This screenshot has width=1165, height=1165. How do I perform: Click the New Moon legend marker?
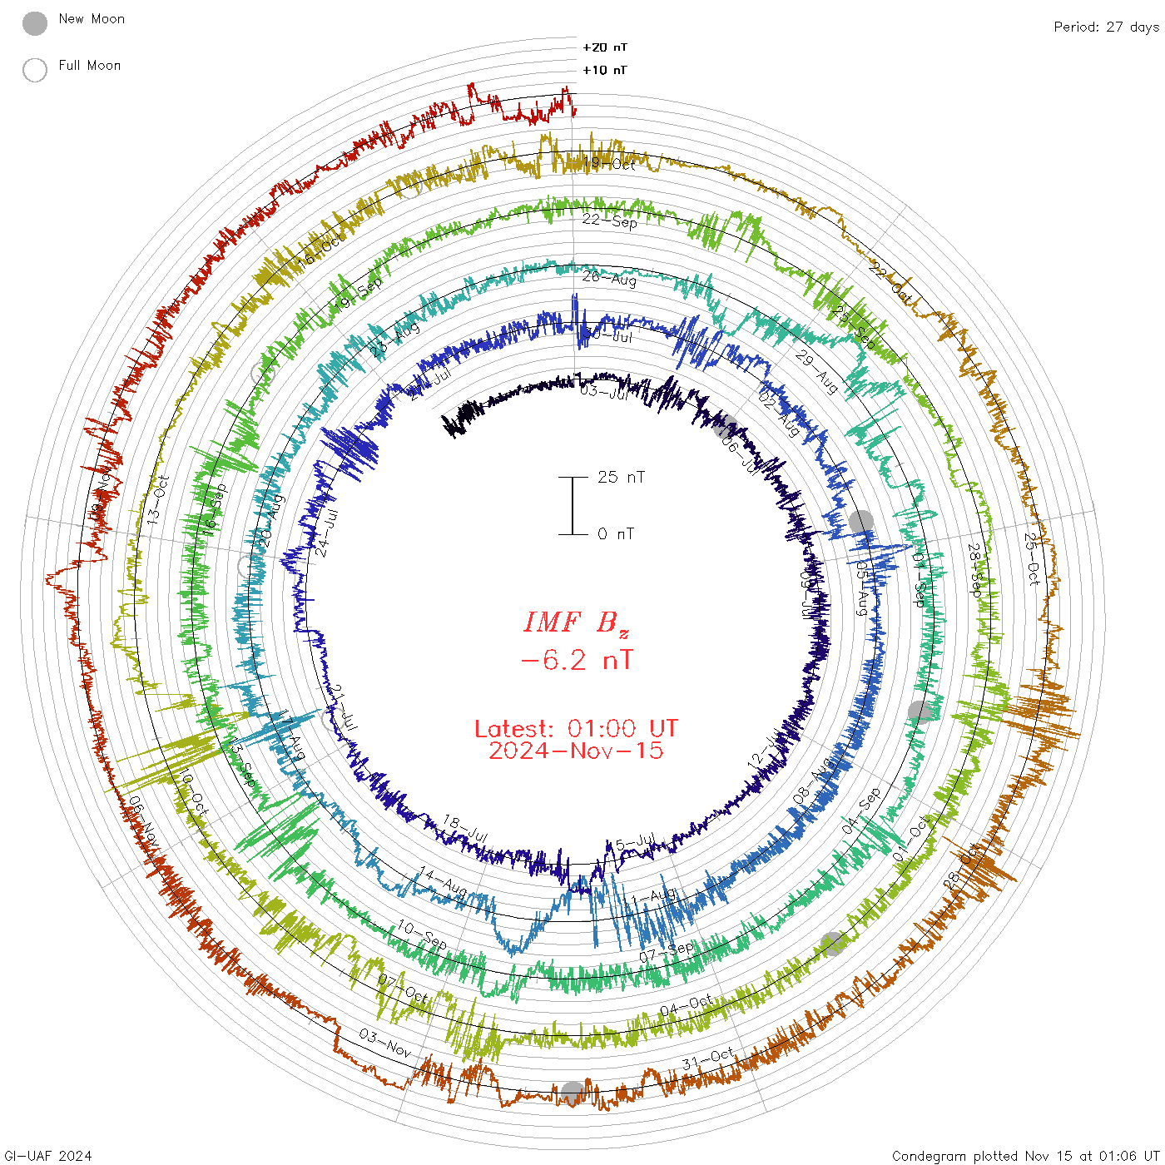[35, 24]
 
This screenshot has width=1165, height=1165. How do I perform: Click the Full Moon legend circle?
[35, 70]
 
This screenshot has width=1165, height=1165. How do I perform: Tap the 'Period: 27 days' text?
[1106, 27]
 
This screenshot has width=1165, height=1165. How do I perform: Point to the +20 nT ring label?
[605, 47]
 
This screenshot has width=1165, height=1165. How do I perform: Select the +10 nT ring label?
[605, 70]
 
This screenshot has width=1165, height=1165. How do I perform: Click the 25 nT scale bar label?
[621, 477]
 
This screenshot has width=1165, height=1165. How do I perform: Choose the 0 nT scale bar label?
[616, 533]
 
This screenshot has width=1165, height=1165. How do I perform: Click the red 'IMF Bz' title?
[576, 622]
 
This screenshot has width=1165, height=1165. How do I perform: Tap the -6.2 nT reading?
[576, 661]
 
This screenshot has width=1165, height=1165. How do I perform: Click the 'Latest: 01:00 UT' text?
[576, 729]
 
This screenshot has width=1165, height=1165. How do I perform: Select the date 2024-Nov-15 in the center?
[576, 751]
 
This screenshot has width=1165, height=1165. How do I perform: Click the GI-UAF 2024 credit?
[47, 1156]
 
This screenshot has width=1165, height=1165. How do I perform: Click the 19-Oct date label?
[609, 163]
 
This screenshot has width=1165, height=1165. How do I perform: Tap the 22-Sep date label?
[610, 221]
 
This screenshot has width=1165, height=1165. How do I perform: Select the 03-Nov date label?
[385, 1043]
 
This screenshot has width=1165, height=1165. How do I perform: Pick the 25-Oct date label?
[1032, 558]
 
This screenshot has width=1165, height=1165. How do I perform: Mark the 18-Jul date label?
[465, 828]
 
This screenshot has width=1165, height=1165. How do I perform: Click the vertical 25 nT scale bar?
[573, 505]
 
